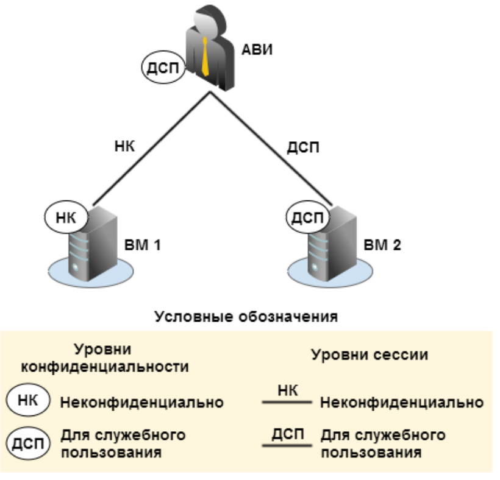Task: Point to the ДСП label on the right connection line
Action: (302, 147)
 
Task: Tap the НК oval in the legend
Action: (27, 401)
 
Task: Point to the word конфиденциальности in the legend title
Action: (104, 367)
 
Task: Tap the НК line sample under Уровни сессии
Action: (287, 403)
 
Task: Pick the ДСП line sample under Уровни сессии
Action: (287, 446)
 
